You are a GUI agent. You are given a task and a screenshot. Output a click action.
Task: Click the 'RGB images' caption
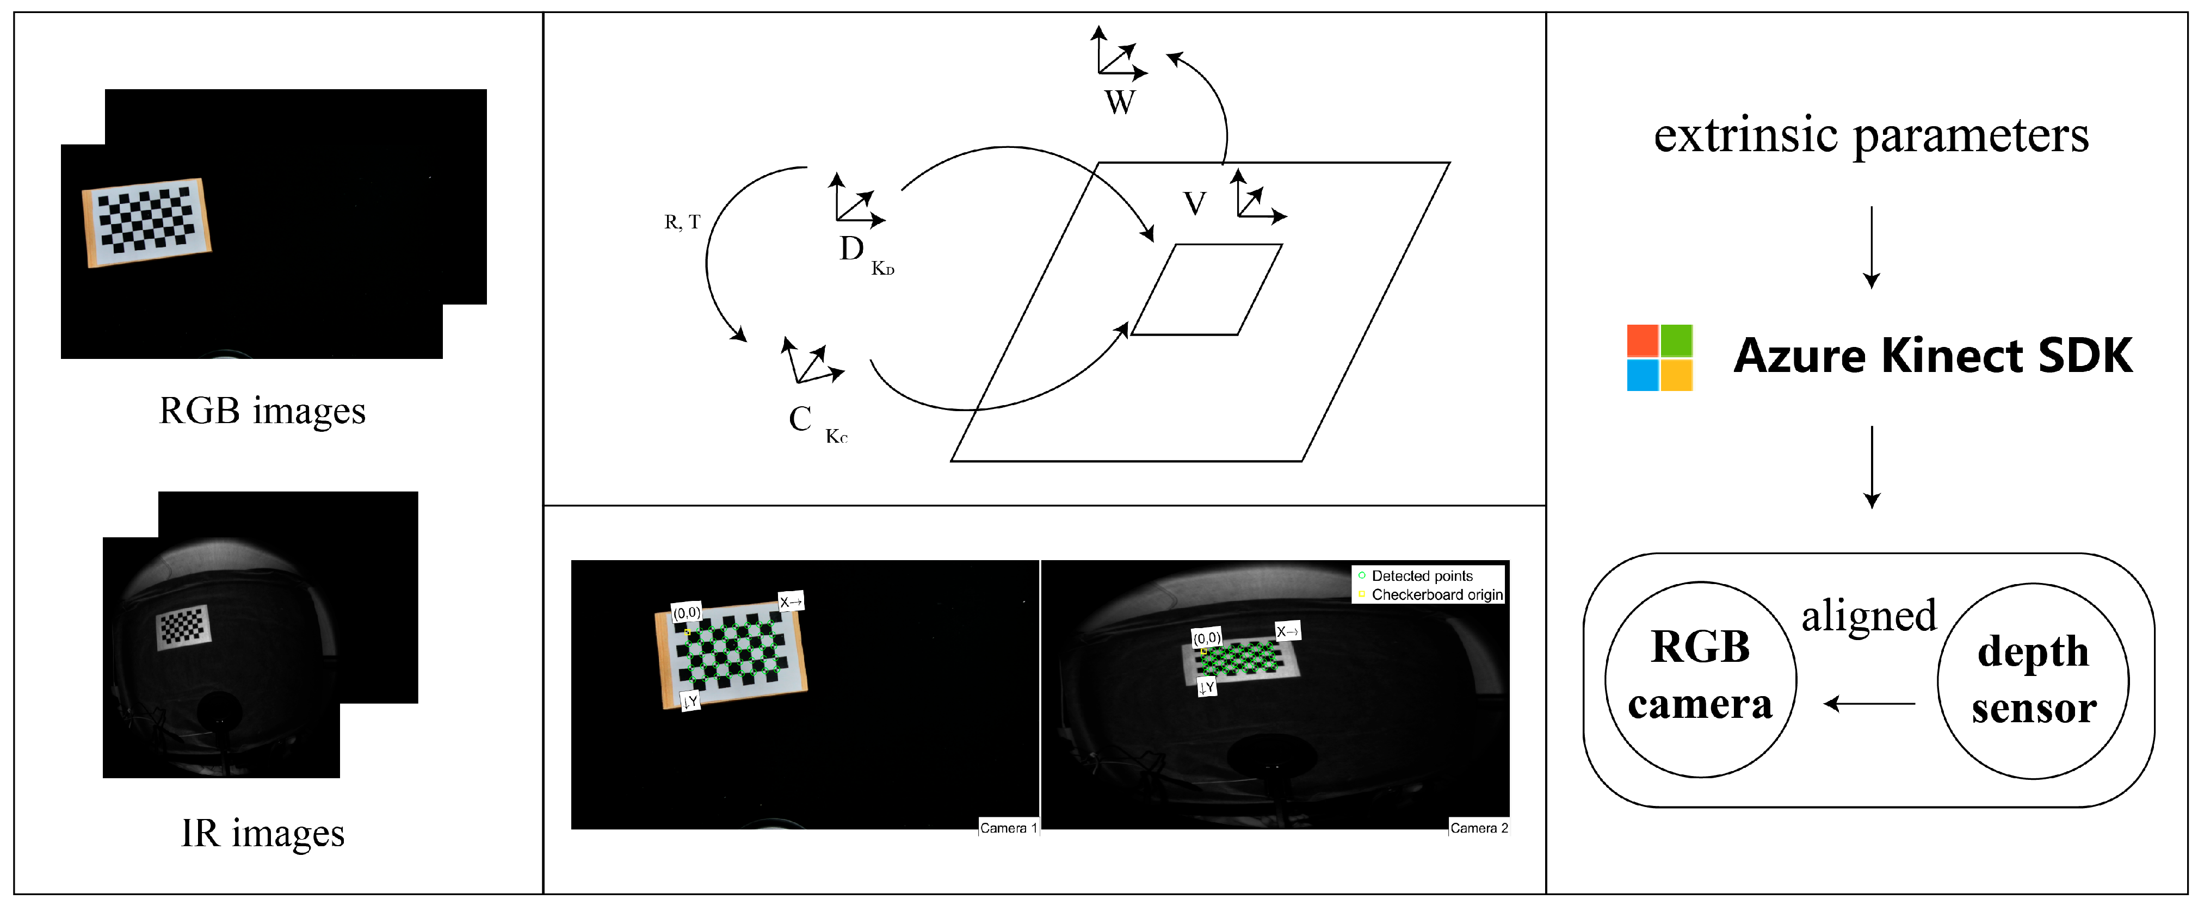[x=263, y=411]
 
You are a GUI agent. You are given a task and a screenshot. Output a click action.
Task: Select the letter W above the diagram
[x=1120, y=102]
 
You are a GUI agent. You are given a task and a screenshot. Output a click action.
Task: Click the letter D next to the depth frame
[x=851, y=249]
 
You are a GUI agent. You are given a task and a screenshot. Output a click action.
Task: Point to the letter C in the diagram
[x=800, y=419]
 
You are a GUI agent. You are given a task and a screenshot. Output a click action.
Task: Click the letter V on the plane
[x=1195, y=204]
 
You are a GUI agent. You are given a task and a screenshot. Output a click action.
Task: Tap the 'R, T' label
[x=682, y=222]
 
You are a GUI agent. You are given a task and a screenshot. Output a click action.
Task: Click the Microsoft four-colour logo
[x=1659, y=357]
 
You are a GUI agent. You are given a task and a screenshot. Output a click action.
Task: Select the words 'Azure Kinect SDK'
[x=1932, y=356]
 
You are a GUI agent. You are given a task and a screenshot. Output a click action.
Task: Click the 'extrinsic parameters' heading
[x=1871, y=135]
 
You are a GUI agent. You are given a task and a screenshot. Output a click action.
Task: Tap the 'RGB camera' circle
[x=1701, y=679]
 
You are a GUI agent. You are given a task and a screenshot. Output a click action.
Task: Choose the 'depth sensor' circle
[x=2033, y=681]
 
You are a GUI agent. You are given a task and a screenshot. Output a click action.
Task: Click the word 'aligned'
[x=1869, y=616]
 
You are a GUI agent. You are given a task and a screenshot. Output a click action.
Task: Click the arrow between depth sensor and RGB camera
[x=1869, y=704]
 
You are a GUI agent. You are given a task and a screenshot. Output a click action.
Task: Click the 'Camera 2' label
[x=1479, y=828]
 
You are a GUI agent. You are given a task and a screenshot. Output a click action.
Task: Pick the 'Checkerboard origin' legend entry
[x=1430, y=594]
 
